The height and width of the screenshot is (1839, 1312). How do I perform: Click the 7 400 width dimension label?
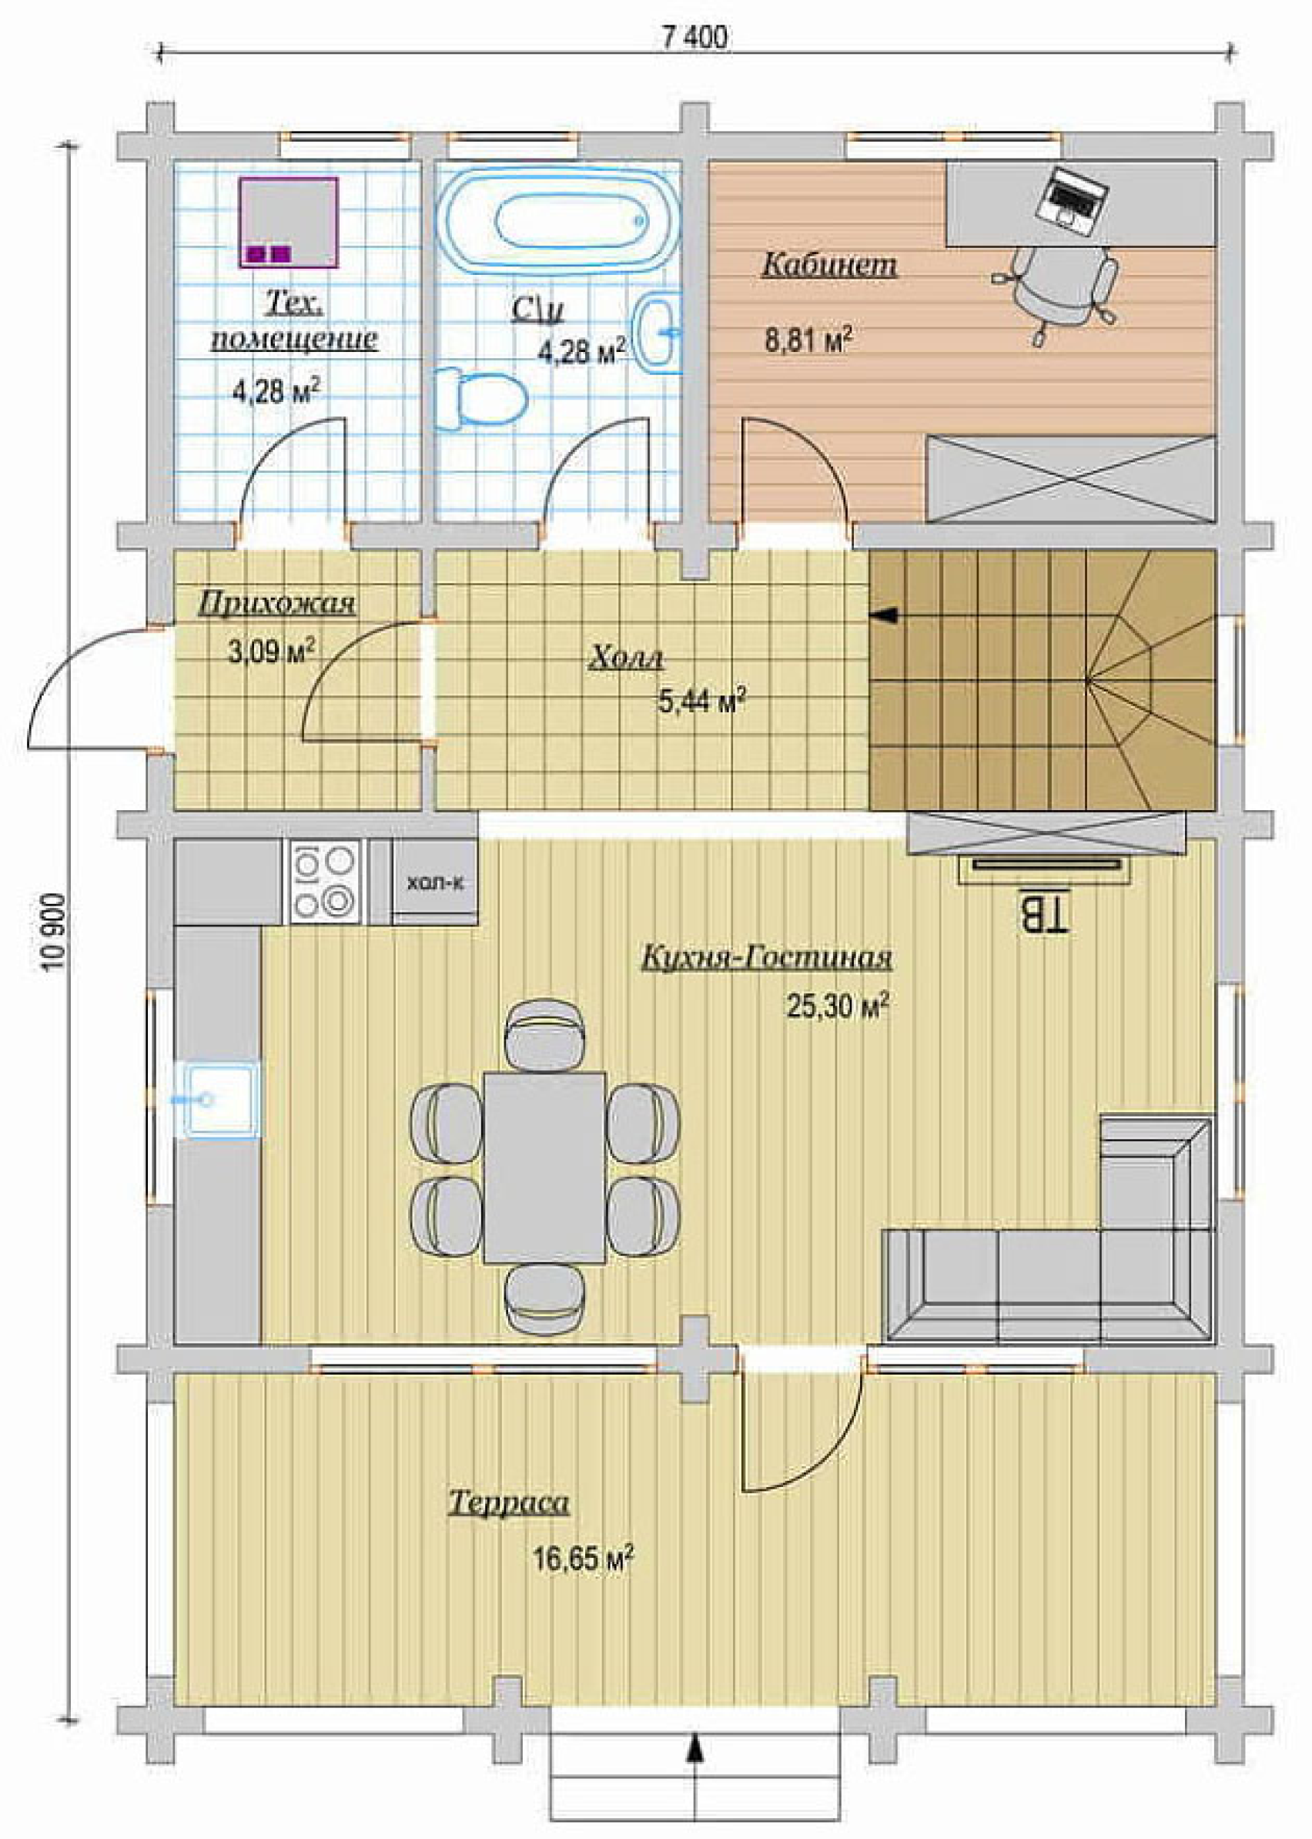(x=694, y=37)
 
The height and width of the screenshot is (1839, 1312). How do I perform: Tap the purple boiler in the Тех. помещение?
(x=289, y=223)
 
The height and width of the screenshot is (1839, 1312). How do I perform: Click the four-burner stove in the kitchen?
(x=326, y=882)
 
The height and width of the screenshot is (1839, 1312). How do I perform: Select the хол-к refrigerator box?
(x=435, y=883)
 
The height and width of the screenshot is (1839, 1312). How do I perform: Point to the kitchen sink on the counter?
(x=219, y=1100)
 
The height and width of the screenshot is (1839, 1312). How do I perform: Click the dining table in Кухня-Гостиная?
(x=544, y=1167)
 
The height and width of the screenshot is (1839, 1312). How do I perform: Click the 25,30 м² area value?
(x=838, y=1006)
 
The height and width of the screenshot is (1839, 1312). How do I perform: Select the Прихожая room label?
(x=276, y=605)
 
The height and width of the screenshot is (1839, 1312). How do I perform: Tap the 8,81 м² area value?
(x=808, y=340)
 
